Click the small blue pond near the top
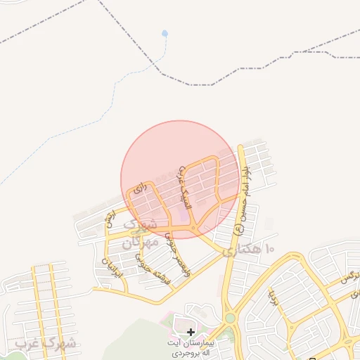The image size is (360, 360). click(165, 33)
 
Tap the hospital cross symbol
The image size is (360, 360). click(191, 331)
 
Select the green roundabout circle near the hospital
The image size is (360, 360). click(231, 319)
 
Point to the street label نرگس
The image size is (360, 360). click(349, 276)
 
